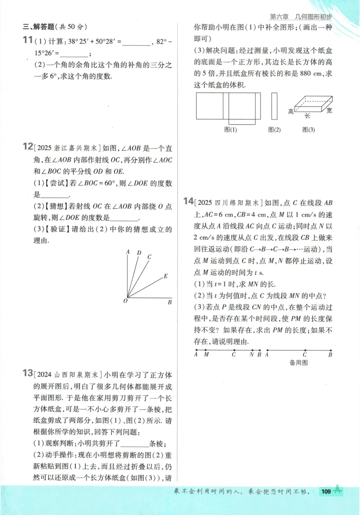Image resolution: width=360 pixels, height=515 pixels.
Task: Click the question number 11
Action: (x=27, y=41)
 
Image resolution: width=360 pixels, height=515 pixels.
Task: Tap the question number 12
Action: (x=27, y=147)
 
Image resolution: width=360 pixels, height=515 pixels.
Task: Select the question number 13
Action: (x=27, y=374)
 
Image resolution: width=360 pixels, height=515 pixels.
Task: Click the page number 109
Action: (x=326, y=491)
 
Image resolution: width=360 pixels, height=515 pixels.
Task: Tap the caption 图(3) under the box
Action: (x=309, y=130)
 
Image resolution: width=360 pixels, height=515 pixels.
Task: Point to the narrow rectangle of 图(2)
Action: (x=274, y=106)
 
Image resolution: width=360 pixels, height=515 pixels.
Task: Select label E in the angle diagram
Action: (x=166, y=276)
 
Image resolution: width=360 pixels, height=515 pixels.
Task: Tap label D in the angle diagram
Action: (x=139, y=253)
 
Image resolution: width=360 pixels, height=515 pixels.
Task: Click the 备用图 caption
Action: (x=299, y=362)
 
